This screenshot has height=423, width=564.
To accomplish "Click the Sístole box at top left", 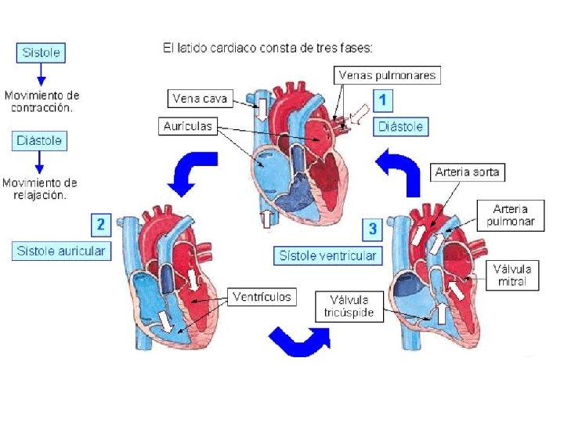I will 41,52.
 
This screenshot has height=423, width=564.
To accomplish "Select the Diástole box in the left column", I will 41,141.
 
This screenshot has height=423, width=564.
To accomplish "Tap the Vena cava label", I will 200,99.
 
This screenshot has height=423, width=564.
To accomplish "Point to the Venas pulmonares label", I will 387,75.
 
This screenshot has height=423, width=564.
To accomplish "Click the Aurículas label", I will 188,125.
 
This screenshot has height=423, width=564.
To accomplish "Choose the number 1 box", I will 382,100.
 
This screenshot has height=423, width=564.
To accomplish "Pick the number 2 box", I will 100,225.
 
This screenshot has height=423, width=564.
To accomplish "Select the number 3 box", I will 372,230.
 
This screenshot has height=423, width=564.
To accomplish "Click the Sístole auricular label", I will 61,251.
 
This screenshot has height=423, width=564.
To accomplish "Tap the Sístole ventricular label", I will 328,255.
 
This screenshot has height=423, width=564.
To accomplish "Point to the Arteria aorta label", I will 467,172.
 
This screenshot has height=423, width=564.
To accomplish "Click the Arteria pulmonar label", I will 510,215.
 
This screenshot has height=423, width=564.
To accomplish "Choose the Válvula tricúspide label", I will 349,305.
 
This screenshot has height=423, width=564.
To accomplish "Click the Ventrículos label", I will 262,297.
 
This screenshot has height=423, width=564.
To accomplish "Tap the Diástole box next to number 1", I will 401,126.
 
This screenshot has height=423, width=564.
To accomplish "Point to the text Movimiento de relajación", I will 40,189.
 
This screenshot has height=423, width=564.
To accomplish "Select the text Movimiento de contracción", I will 42,101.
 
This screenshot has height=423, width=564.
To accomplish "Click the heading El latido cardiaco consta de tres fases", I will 267,47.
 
